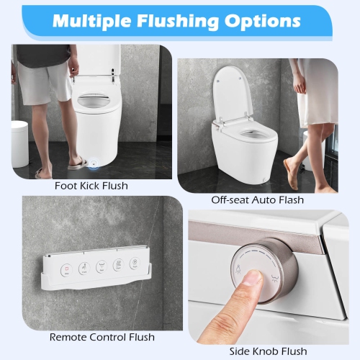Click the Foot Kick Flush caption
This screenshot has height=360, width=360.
click(91, 186)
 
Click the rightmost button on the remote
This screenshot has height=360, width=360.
click(134, 264)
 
